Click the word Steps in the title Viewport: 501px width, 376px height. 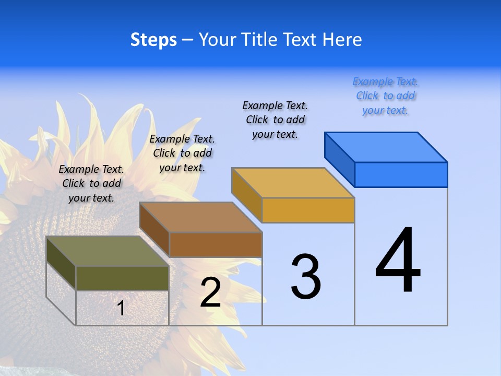coord(153,40)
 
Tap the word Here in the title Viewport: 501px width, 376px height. coord(342,40)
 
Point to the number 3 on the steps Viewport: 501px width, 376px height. coord(306,277)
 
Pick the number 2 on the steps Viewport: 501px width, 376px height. coord(210,292)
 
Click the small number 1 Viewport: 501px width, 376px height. coord(121,309)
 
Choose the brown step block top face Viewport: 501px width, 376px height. coord(201,217)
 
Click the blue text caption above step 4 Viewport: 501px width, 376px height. coord(385,96)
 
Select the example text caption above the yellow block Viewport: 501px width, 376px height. coord(275,120)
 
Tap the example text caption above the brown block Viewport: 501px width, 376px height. coord(182,153)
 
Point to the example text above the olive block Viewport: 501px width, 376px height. coord(91,183)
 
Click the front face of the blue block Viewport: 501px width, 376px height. coord(401,174)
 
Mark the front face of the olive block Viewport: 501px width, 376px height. coord(122,278)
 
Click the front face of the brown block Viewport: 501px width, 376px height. coord(216,244)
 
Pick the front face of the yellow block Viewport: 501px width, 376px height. coord(308,210)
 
